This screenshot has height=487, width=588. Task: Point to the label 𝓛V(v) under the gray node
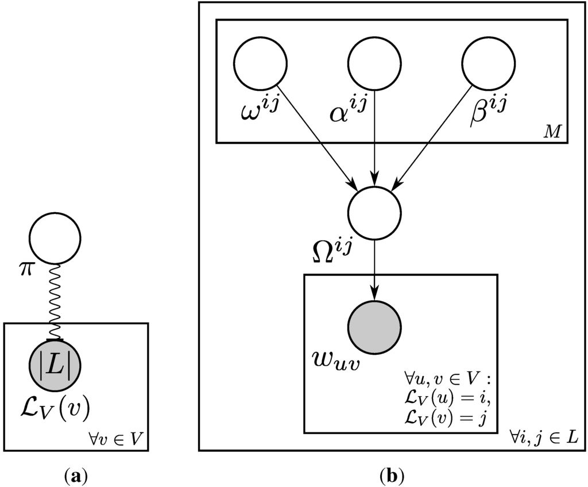click(55, 409)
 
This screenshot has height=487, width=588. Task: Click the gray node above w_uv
click(374, 327)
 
